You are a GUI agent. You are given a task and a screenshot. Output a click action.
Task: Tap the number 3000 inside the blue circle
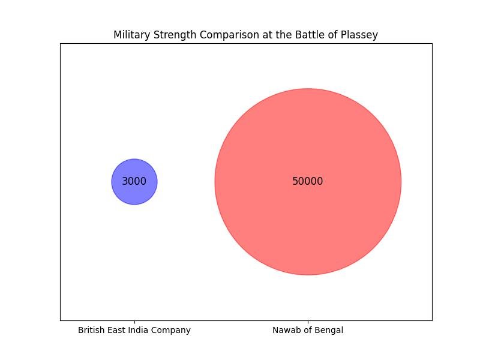click(134, 181)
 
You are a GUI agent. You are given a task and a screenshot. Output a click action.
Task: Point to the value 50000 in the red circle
click(308, 181)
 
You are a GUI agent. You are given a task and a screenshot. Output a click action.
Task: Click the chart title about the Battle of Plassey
click(245, 35)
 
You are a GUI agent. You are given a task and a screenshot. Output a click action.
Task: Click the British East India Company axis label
click(134, 330)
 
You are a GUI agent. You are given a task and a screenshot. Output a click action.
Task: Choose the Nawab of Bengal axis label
click(308, 330)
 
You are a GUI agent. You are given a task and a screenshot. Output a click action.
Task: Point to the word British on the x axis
click(91, 330)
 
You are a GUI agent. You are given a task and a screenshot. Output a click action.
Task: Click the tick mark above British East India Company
click(134, 322)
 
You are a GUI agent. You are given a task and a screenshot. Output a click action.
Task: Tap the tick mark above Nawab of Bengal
click(308, 322)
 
